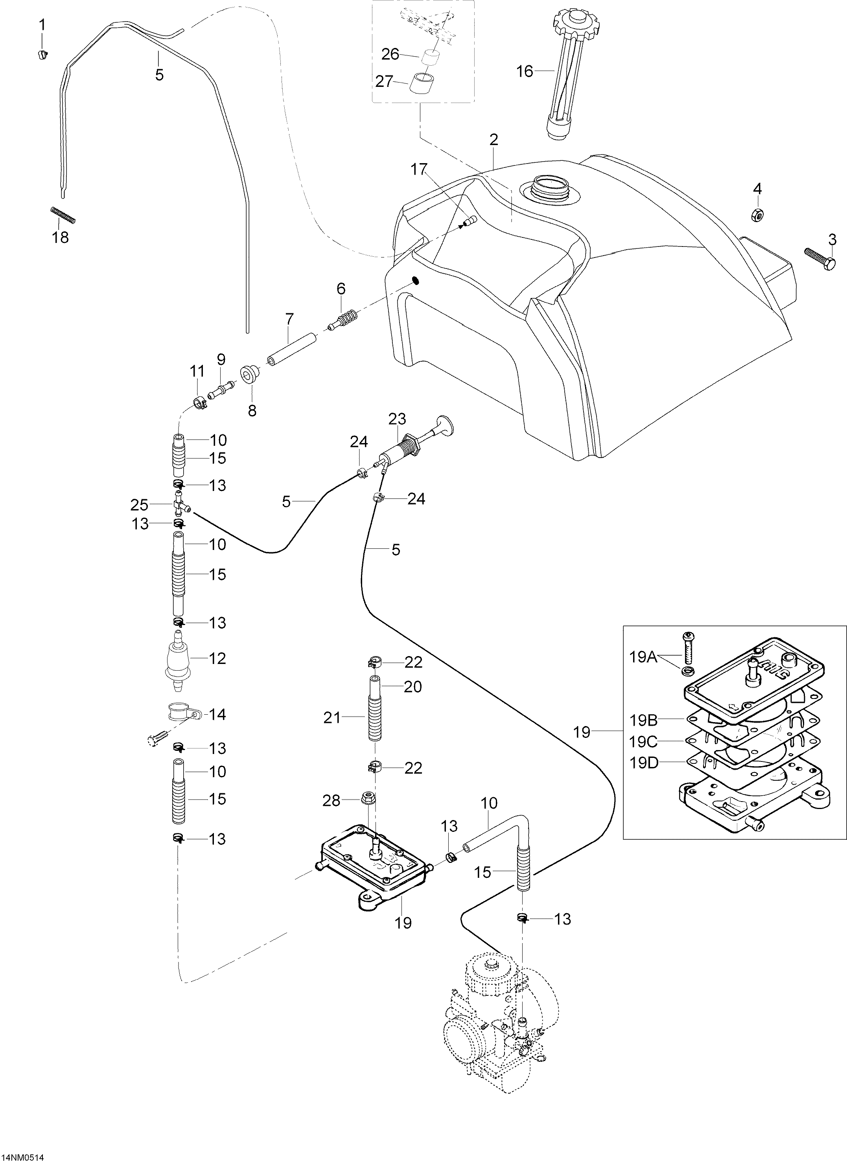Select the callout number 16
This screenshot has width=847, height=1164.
(x=525, y=71)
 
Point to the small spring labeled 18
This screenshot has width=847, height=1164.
(x=64, y=215)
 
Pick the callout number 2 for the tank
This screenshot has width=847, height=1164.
(x=494, y=140)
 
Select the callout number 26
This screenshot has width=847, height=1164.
(x=390, y=53)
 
